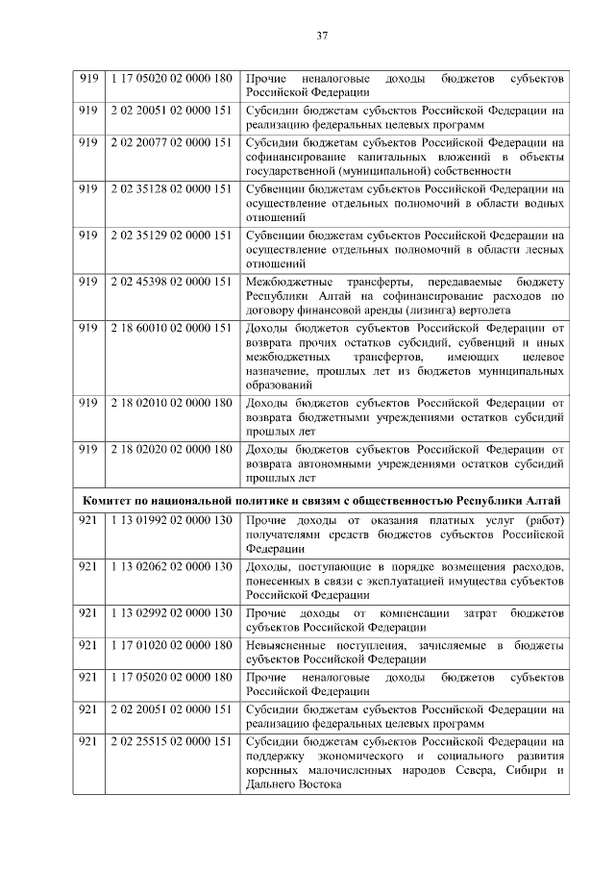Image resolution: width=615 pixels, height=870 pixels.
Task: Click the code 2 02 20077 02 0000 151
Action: [x=171, y=142]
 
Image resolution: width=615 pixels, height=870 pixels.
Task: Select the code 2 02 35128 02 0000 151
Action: [x=171, y=189]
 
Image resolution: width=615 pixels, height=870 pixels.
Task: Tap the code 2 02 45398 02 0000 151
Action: [x=171, y=282]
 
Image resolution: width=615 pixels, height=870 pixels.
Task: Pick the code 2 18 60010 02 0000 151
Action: [x=171, y=328]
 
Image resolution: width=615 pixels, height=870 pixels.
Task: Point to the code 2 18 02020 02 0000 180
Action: [x=171, y=449]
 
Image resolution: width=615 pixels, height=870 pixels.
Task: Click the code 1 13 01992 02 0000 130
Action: [x=171, y=521]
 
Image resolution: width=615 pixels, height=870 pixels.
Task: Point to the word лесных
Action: [x=544, y=249]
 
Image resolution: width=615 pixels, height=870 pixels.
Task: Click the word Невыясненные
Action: [x=289, y=644]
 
